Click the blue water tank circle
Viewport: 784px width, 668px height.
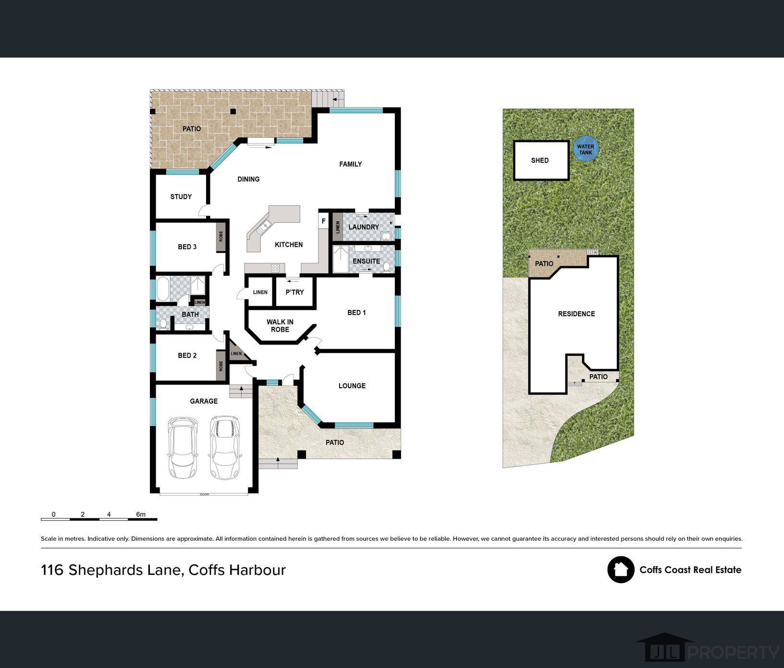pyautogui.click(x=586, y=149)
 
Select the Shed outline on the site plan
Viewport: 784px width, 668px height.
pyautogui.click(x=541, y=160)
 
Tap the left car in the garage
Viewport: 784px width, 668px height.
pyautogui.click(x=183, y=448)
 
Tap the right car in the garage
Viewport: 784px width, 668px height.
pyautogui.click(x=224, y=448)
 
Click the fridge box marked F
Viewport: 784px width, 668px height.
pyautogui.click(x=323, y=221)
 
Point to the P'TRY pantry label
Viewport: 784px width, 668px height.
pyautogui.click(x=294, y=292)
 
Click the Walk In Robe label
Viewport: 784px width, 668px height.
pyautogui.click(x=280, y=325)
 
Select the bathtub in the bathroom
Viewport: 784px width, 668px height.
pyautogui.click(x=163, y=288)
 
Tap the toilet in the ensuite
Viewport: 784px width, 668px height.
pyautogui.click(x=387, y=266)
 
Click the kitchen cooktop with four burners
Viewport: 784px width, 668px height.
pyautogui.click(x=275, y=268)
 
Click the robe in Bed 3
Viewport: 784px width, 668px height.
pyautogui.click(x=221, y=236)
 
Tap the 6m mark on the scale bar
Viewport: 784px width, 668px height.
pyautogui.click(x=141, y=514)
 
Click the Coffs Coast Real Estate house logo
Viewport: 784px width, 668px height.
pyautogui.click(x=621, y=570)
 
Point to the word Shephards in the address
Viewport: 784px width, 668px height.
pyautogui.click(x=125, y=570)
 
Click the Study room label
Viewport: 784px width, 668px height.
pyautogui.click(x=181, y=197)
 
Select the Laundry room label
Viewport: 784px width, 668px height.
pyautogui.click(x=364, y=227)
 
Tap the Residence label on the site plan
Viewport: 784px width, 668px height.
pyautogui.click(x=576, y=314)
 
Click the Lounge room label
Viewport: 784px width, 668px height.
pyautogui.click(x=352, y=386)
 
